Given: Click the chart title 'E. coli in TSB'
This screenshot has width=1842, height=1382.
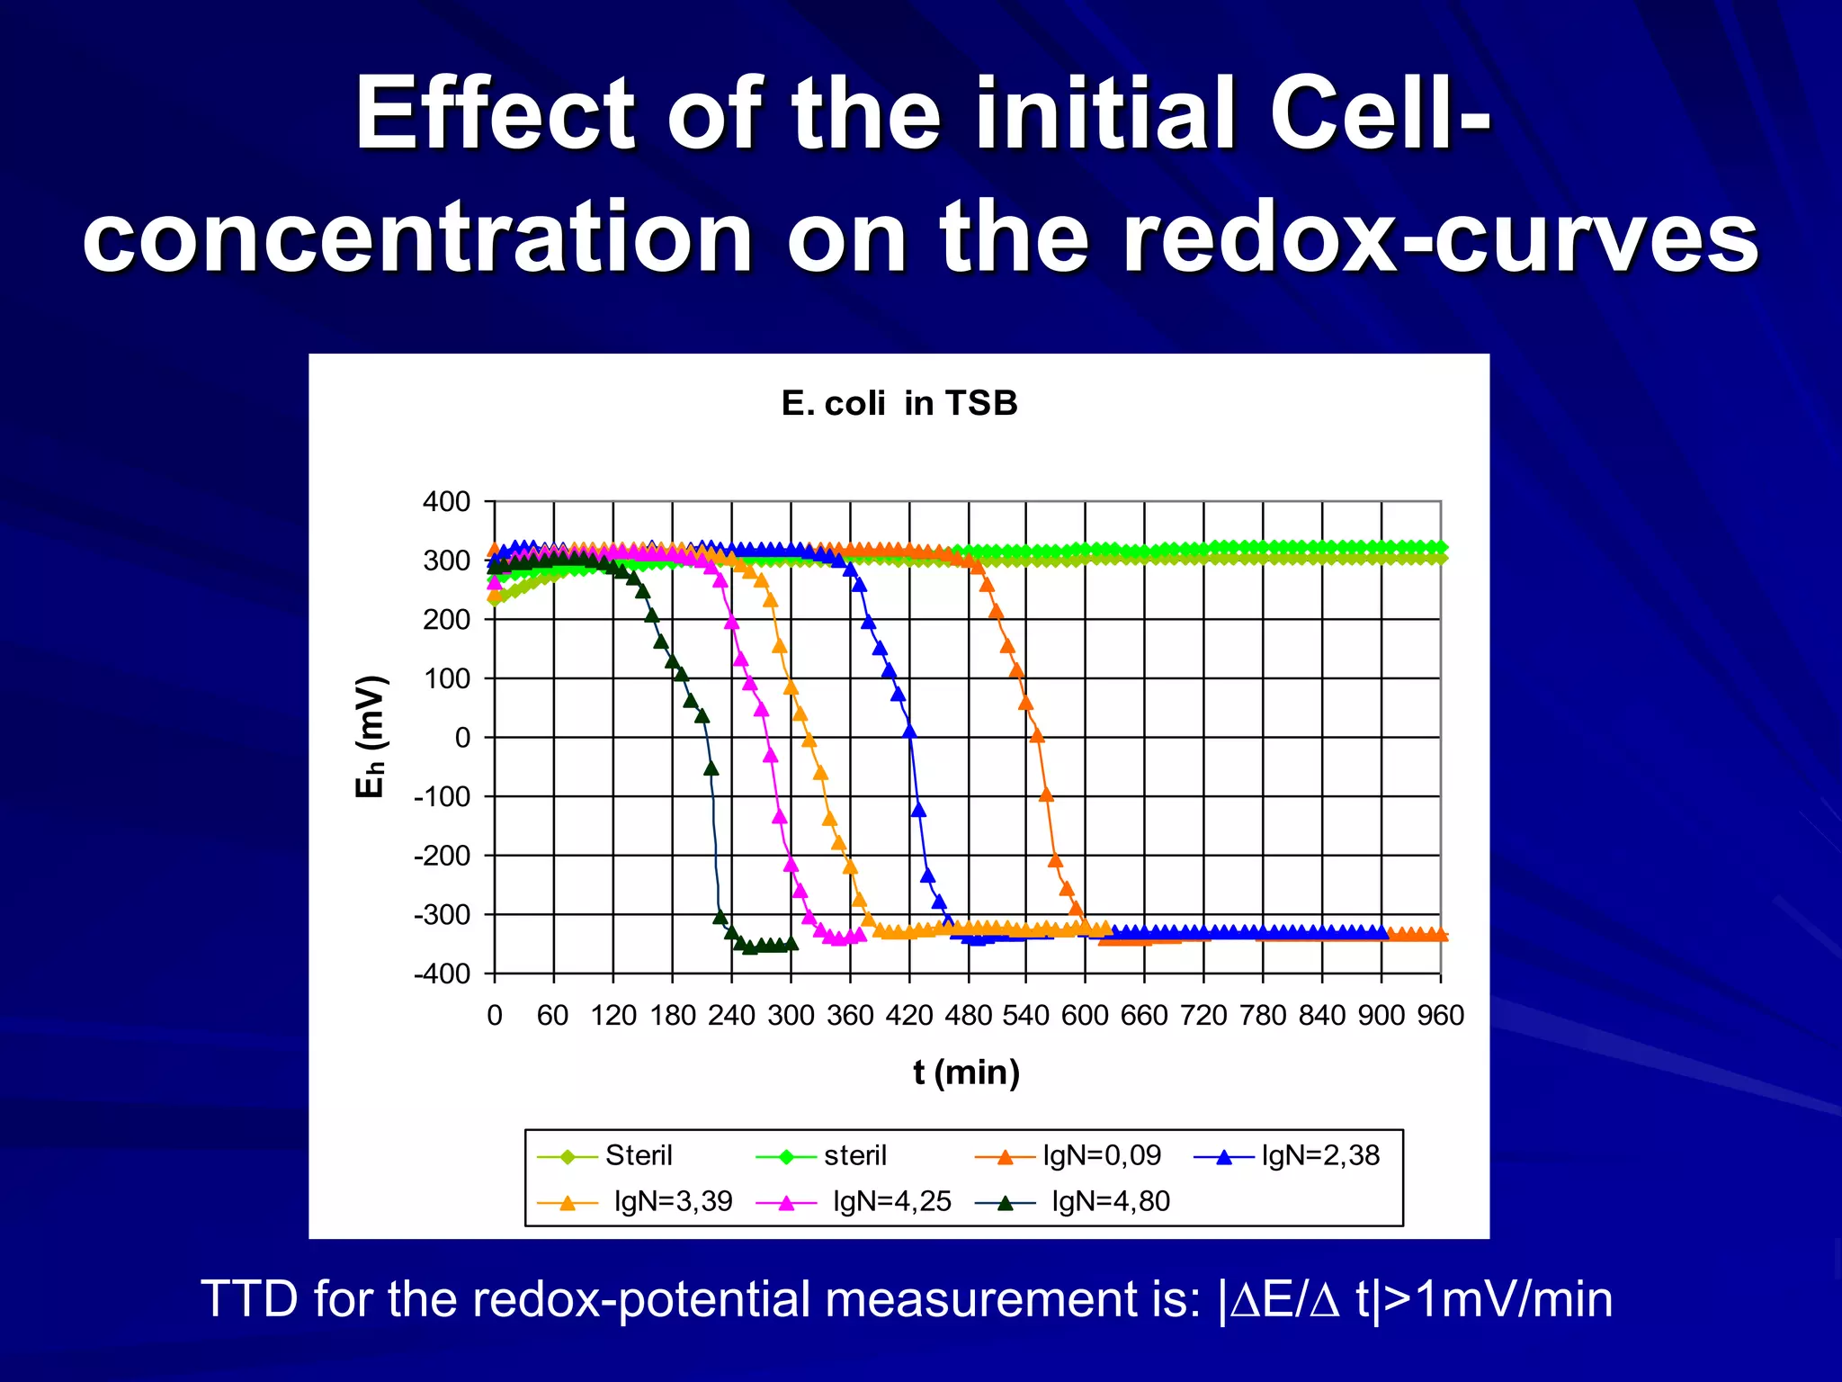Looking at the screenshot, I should [899, 403].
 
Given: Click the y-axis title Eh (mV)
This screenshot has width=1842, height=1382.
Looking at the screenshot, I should [371, 736].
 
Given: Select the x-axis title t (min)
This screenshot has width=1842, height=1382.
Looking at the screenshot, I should [966, 1072].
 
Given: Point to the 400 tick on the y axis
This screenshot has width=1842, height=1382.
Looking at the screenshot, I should [447, 501].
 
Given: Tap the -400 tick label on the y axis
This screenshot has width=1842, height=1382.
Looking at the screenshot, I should [443, 974].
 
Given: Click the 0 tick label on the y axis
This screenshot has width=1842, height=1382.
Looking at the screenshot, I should [462, 738].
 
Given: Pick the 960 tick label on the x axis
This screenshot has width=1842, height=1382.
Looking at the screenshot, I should [1440, 1015].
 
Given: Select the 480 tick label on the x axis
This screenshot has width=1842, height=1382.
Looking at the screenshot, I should [968, 1015].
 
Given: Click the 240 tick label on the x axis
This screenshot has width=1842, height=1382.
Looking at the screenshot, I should [731, 1015].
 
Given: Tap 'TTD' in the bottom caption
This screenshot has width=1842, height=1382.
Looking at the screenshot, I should [249, 1298].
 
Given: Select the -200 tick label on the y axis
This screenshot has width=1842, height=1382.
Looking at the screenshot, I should [443, 856].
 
